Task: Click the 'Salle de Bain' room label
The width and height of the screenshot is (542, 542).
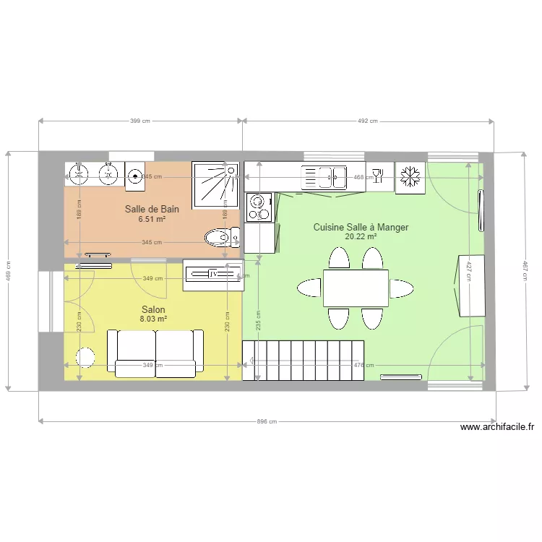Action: click(152, 210)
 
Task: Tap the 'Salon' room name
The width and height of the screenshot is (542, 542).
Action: click(153, 309)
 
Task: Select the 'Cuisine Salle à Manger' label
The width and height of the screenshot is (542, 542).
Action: click(361, 227)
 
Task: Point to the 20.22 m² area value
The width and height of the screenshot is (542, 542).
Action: click(361, 236)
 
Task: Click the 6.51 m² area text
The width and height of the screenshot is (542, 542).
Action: click(152, 219)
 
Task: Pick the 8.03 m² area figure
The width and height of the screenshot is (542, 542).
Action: click(153, 319)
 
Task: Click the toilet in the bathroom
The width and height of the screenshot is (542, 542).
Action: click(221, 236)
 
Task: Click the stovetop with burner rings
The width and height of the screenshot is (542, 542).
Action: click(257, 207)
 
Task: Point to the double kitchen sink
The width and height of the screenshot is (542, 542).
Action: click(325, 176)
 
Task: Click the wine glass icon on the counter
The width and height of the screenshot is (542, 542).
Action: click(377, 176)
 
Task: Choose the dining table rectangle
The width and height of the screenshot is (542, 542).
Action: click(356, 288)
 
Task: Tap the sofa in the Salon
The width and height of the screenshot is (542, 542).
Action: click(155, 352)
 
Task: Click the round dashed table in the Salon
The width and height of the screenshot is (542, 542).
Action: click(86, 357)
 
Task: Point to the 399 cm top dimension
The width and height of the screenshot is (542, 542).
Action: click(140, 121)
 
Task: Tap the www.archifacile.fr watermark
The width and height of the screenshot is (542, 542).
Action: click(497, 427)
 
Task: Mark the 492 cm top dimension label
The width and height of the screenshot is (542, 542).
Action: click(368, 121)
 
